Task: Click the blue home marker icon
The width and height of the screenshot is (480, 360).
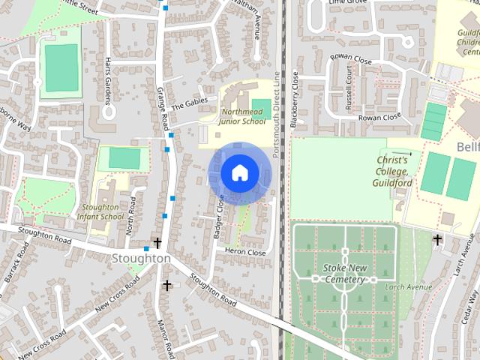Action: pos(239,172)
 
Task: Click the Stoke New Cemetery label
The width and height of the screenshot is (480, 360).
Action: pos(344,273)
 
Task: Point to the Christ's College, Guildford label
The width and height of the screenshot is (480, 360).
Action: pos(392,171)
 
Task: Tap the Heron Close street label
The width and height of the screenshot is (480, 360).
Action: pos(245,253)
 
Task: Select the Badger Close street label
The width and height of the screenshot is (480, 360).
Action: pos(219,217)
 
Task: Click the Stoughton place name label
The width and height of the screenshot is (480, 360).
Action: pos(141,258)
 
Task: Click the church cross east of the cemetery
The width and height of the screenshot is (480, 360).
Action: pos(437,239)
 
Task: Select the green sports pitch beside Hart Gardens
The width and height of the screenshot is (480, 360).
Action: pos(61,68)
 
